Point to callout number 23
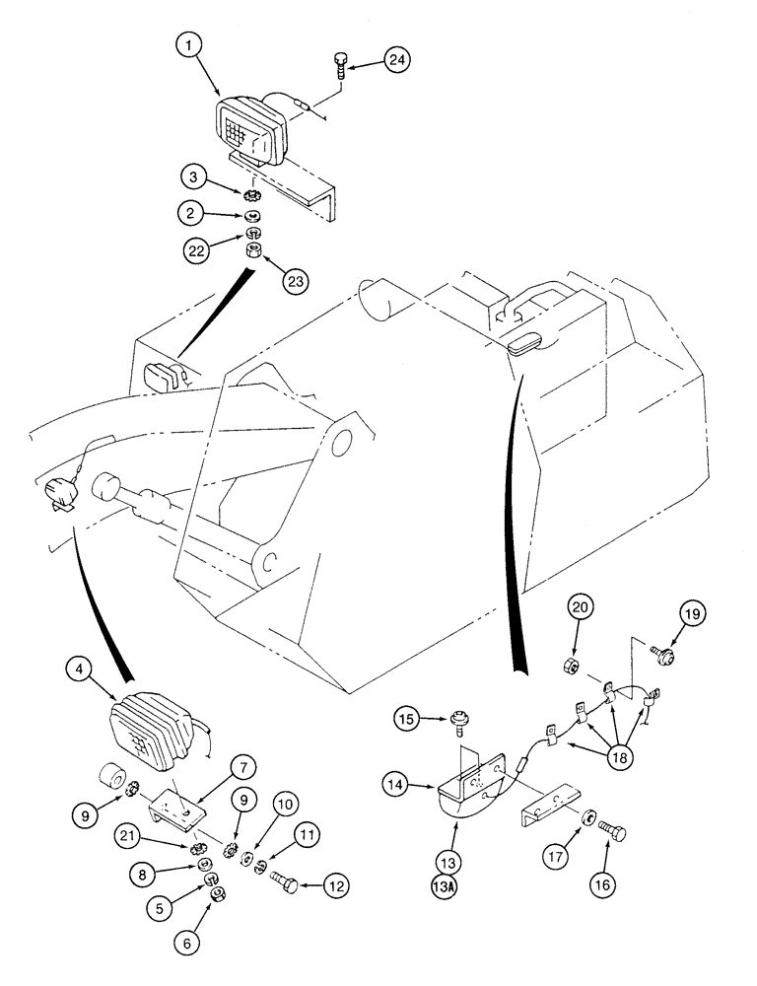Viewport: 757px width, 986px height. click(296, 280)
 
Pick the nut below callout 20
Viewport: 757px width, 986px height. click(571, 668)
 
